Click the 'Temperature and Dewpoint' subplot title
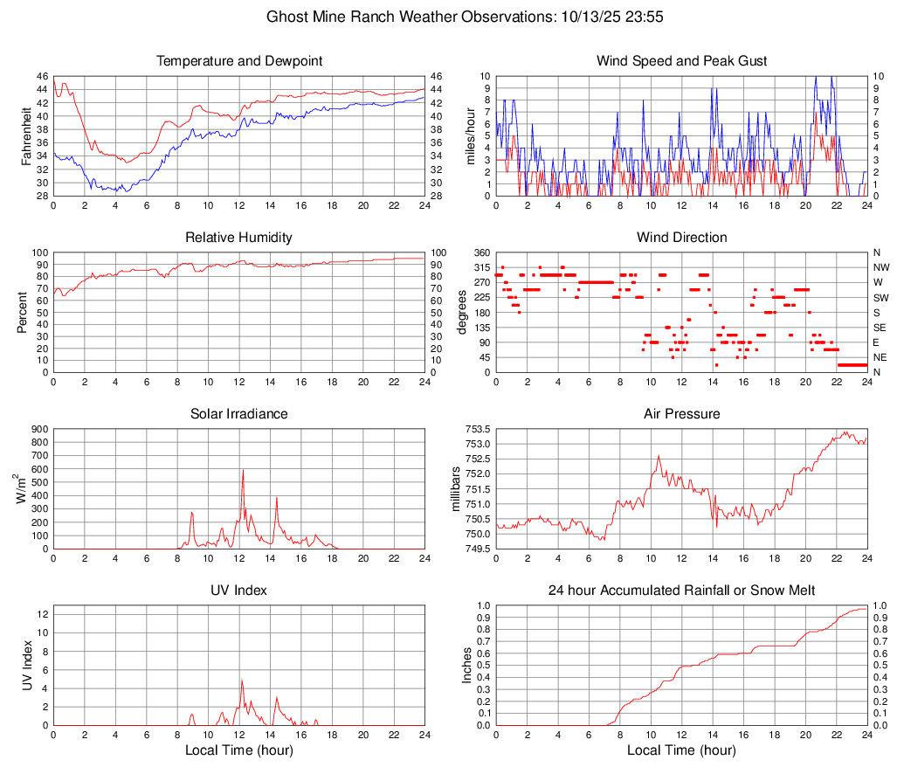(239, 61)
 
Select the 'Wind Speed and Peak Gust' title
(682, 61)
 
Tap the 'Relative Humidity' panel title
(239, 238)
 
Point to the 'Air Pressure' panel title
(682, 413)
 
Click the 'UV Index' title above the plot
(239, 591)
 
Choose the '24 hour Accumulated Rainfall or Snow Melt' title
(682, 591)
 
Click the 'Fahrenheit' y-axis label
(26, 135)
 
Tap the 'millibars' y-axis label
(454, 489)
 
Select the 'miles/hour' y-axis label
(470, 135)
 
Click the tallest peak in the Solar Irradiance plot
(243, 471)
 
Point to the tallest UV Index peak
(242, 681)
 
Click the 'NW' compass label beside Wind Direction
(881, 267)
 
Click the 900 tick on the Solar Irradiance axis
(39, 429)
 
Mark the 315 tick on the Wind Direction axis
(481, 267)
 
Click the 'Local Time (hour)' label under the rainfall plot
(682, 750)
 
